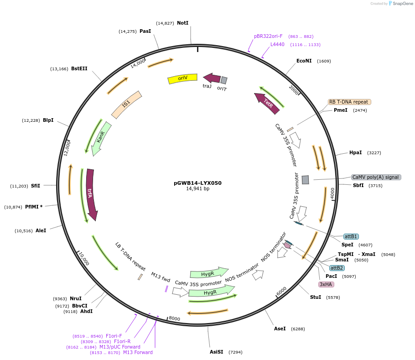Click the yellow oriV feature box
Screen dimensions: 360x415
[182, 78]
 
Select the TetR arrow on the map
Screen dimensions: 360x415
[267, 103]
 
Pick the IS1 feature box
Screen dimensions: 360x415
[126, 104]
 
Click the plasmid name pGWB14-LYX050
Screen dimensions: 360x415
[197, 183]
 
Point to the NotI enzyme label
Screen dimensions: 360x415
[182, 23]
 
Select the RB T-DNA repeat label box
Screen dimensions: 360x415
[349, 102]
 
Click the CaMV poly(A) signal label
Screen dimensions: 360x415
[376, 177]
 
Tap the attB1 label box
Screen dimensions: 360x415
[351, 236]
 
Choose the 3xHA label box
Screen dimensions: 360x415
[326, 284]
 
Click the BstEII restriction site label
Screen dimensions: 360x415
[79, 69]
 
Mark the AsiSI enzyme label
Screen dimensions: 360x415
[216, 352]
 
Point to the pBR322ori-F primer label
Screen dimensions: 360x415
[268, 36]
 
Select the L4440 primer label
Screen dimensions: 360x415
[277, 44]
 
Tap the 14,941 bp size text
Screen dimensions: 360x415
[197, 189]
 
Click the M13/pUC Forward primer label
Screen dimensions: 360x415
[120, 347]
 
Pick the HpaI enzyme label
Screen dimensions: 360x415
[355, 152]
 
